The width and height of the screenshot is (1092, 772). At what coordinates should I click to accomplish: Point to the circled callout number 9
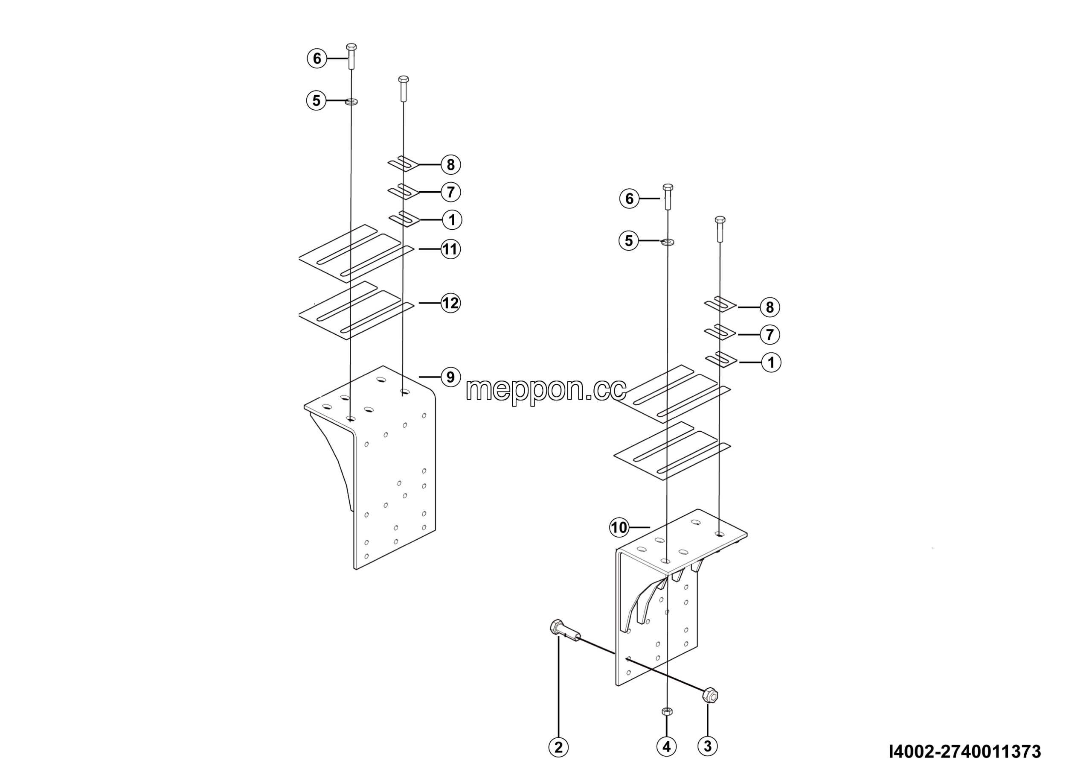click(450, 377)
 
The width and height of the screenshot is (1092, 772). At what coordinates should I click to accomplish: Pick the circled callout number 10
click(619, 527)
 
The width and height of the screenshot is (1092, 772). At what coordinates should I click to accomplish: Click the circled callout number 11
click(450, 249)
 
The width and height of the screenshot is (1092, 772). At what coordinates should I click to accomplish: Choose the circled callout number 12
click(450, 303)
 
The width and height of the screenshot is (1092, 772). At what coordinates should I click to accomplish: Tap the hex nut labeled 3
click(710, 696)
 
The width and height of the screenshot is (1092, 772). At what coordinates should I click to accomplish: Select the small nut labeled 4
click(667, 711)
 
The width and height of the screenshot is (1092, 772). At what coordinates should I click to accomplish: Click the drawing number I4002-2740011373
click(965, 752)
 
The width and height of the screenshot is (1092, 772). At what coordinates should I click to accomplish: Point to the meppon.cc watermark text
click(546, 390)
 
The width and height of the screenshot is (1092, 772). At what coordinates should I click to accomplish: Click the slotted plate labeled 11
click(356, 254)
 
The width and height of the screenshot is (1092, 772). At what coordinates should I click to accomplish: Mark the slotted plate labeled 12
click(356, 310)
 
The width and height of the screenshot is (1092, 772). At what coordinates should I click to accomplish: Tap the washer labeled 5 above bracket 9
click(351, 101)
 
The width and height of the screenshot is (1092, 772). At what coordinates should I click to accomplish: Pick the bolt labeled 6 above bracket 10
click(668, 196)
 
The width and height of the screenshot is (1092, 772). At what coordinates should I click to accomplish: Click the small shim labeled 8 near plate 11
click(404, 164)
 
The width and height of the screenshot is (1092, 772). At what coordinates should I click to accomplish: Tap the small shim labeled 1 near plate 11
click(405, 219)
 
